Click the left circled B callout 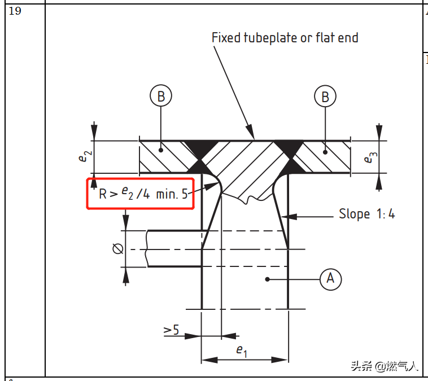coord(161,96)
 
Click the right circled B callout coord(325,97)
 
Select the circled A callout coord(330,279)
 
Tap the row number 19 coord(15,11)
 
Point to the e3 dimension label coord(370,157)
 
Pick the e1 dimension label coord(242,351)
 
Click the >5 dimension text coord(171,330)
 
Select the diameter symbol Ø coord(118,248)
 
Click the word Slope coord(354,214)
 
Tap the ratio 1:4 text coord(386,214)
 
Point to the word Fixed coord(226,38)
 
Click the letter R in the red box coord(103,194)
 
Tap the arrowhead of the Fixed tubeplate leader coord(251,133)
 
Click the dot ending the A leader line coord(268,279)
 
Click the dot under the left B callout coord(161,150)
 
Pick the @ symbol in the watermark coord(381,366)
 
